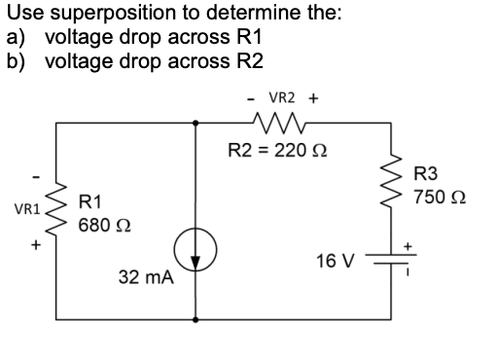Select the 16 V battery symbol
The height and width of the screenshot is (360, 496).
coord(397,262)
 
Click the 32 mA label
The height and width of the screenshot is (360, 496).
coord(146,277)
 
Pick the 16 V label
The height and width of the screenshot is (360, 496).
coord(337,261)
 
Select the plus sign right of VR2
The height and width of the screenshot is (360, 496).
coord(313,98)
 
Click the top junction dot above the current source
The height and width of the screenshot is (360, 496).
coord(196,123)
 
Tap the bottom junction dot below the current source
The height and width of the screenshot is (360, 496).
coord(196,318)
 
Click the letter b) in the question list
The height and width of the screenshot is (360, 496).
coord(15,56)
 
